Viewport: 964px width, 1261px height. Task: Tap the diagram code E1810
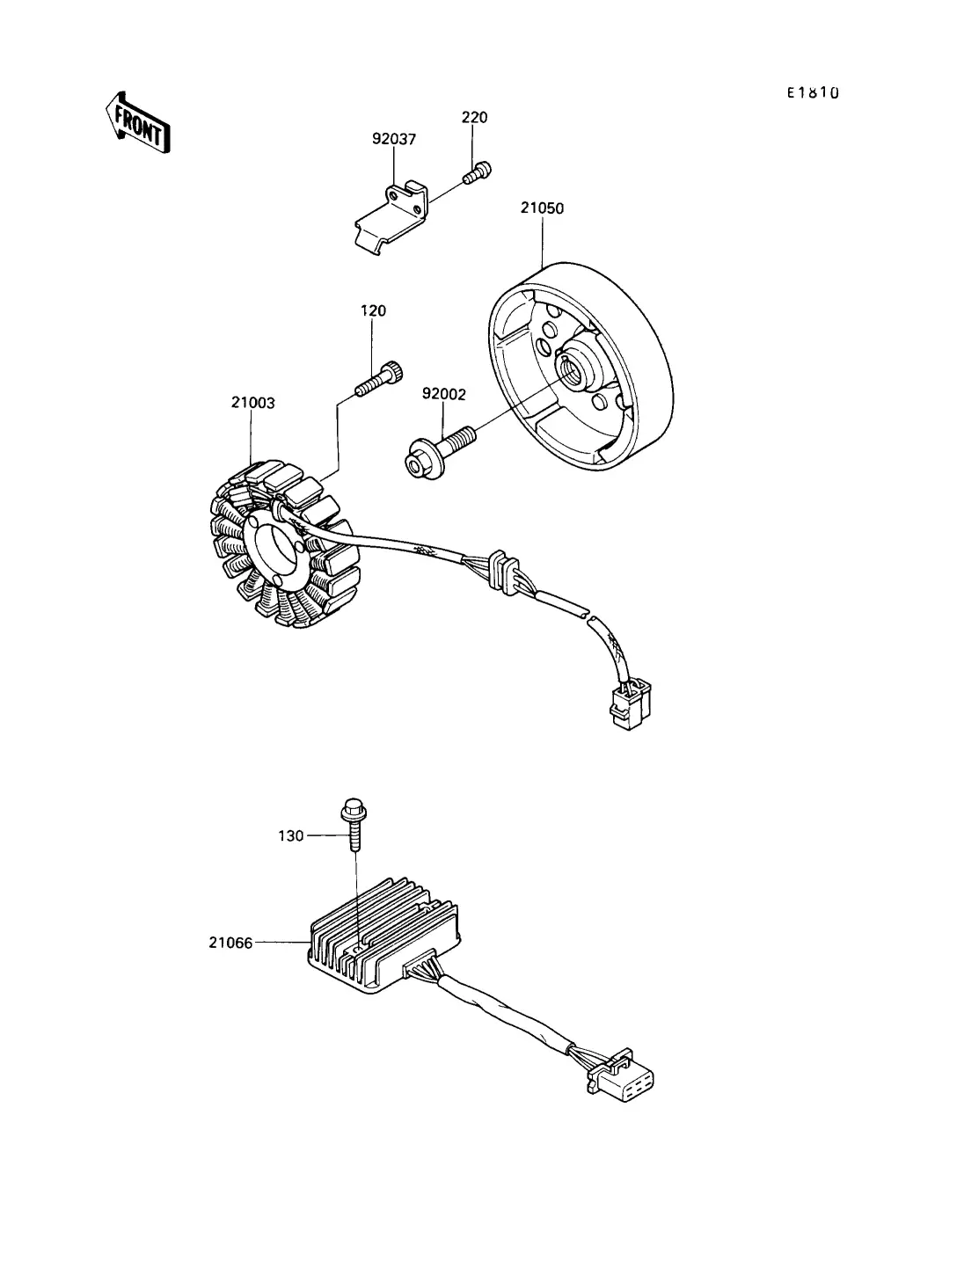(x=812, y=91)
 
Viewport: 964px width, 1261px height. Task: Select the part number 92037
(x=393, y=139)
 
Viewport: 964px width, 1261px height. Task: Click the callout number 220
(x=474, y=117)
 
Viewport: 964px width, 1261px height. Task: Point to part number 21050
(x=542, y=208)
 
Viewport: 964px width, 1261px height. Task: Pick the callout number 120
(x=373, y=310)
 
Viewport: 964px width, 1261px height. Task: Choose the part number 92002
(x=443, y=395)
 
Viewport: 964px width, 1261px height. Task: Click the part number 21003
(x=253, y=403)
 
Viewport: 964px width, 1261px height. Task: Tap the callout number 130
(x=291, y=835)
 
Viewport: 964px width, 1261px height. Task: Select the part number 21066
(x=230, y=943)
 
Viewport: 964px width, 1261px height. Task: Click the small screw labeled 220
(x=478, y=171)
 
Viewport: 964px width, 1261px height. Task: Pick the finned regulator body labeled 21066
(x=383, y=943)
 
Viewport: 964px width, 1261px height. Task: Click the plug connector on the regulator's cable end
(x=624, y=1077)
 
